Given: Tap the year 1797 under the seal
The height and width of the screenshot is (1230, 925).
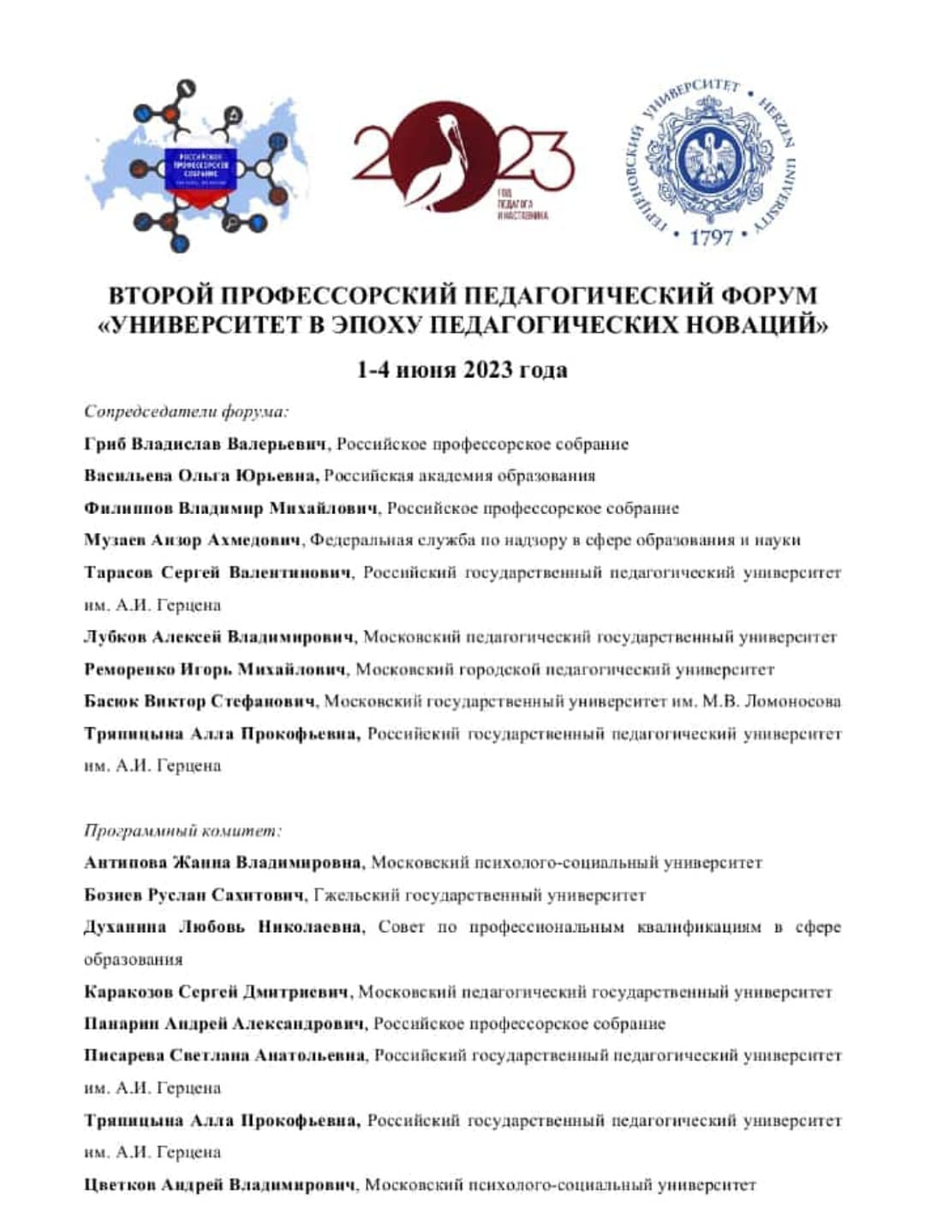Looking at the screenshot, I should pyautogui.click(x=711, y=236).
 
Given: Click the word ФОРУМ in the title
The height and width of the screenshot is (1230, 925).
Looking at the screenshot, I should pyautogui.click(x=768, y=296).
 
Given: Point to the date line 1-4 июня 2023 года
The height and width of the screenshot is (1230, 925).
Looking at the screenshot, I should pyautogui.click(x=462, y=370).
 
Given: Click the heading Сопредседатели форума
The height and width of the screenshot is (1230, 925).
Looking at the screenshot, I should pyautogui.click(x=186, y=412).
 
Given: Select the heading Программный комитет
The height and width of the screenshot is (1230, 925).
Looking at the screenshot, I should pyautogui.click(x=182, y=831).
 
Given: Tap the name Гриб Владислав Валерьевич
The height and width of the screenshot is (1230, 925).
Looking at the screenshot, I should pyautogui.click(x=206, y=445).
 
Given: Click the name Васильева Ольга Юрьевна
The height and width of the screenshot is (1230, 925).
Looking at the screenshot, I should pyautogui.click(x=202, y=476).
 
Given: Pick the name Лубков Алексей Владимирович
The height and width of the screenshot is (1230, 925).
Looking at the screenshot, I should pyautogui.click(x=219, y=637).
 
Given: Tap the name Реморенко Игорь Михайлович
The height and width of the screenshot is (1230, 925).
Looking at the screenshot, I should pyautogui.click(x=215, y=670).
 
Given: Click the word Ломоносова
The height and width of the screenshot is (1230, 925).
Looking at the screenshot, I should pyautogui.click(x=792, y=702).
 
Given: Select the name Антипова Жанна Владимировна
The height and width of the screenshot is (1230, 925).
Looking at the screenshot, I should pyautogui.click(x=224, y=863).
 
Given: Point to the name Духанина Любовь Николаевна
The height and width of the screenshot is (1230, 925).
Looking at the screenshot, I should pyautogui.click(x=223, y=928).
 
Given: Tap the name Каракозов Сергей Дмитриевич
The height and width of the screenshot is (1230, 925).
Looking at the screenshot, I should pyautogui.click(x=217, y=992).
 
